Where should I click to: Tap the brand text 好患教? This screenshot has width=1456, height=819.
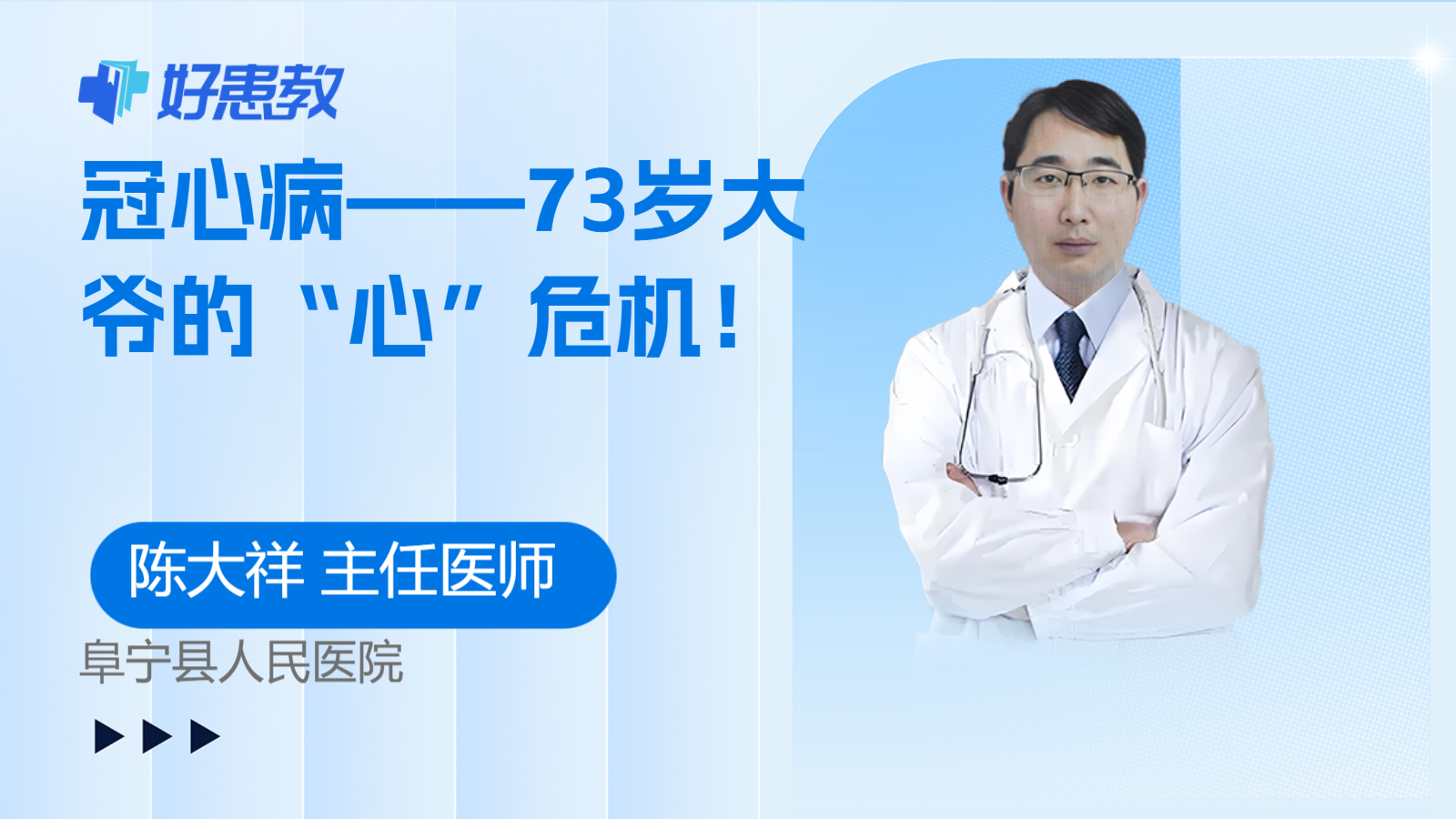tap(251, 92)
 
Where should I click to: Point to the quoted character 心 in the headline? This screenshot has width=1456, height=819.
tap(391, 318)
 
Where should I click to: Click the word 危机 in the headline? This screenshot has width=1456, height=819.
tap(615, 318)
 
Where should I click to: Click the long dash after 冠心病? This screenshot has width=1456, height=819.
tap(436, 202)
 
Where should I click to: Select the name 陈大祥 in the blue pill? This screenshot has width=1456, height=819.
tap(217, 570)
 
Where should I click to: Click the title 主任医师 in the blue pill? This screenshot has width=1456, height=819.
tap(438, 570)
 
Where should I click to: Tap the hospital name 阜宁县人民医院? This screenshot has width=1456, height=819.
tap(241, 662)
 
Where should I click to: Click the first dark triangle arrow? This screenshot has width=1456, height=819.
tap(109, 736)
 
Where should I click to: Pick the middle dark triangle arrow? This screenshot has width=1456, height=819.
tap(157, 736)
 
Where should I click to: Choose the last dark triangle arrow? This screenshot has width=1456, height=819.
tap(206, 736)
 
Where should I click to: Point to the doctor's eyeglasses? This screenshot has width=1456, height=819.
tap(1075, 181)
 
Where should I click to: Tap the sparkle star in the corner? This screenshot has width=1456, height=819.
tap(1430, 58)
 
